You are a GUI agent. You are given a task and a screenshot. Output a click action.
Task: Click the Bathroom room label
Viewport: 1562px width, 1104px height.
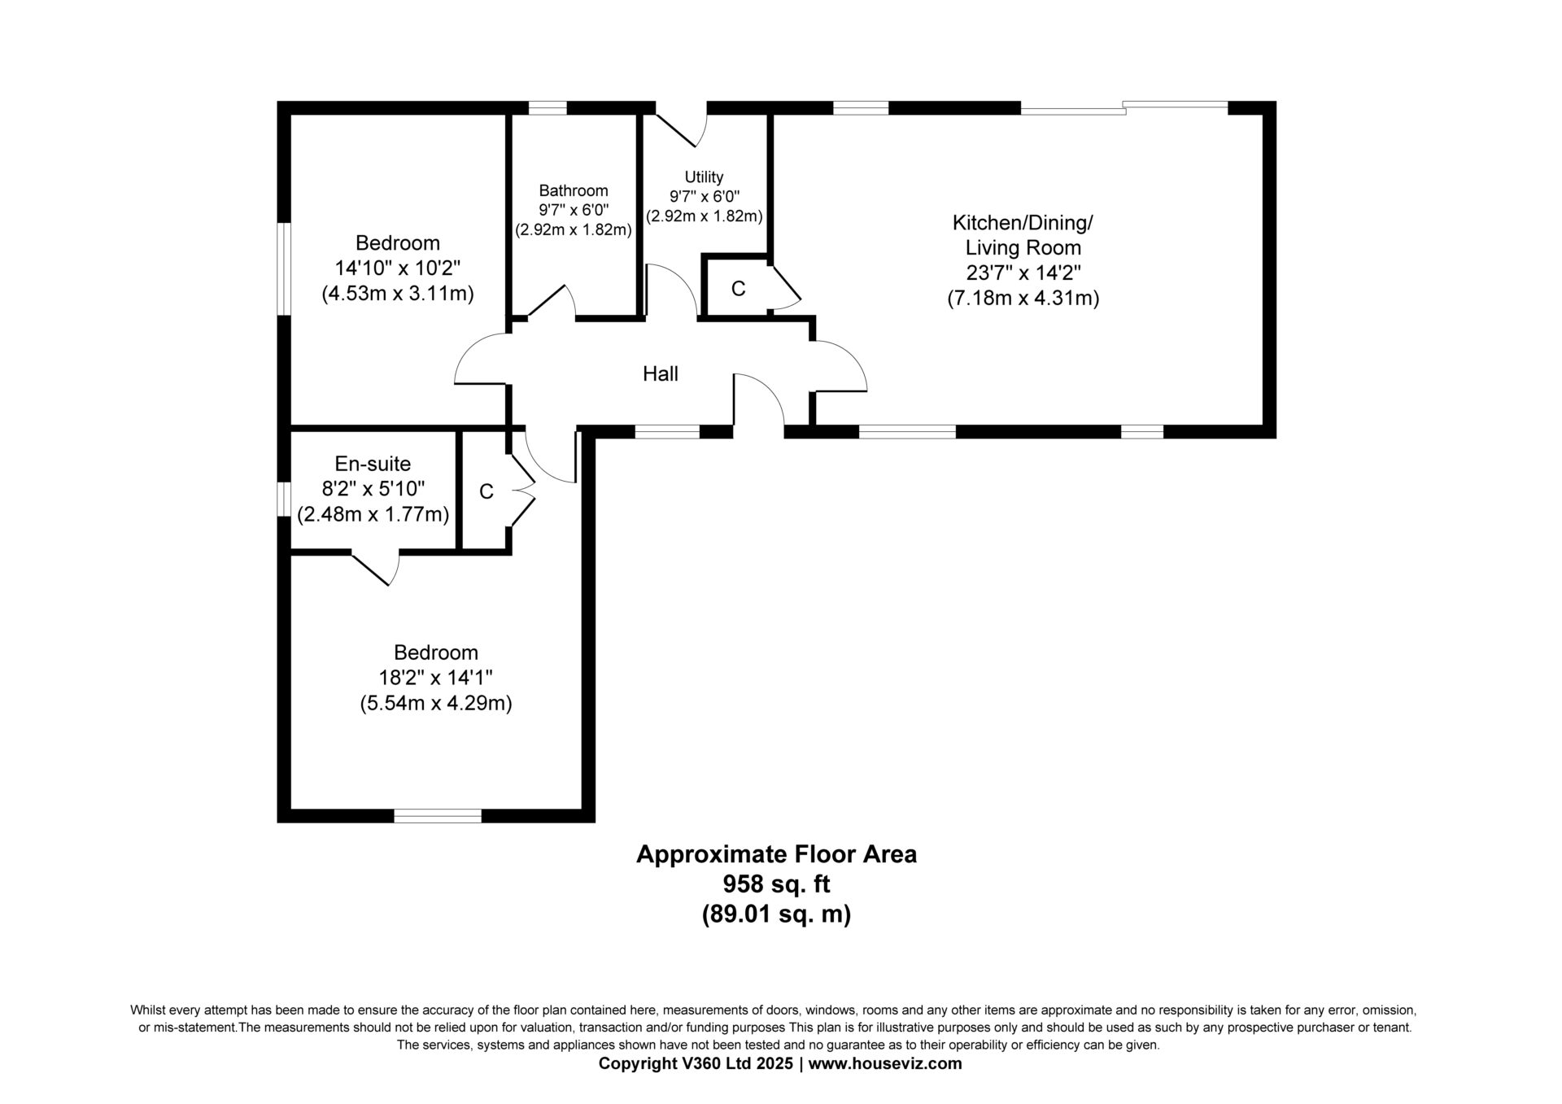click(574, 190)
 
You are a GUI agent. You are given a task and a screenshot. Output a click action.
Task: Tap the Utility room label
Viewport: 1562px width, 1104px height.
click(704, 177)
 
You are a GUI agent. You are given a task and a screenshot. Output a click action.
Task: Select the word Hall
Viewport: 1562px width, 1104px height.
click(661, 373)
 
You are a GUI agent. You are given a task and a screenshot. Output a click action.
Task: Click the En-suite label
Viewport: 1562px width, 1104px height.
click(373, 464)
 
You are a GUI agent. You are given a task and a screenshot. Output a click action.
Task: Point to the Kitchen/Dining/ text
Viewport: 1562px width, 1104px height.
click(1023, 222)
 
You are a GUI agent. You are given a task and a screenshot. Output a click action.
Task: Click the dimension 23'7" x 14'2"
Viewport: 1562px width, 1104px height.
click(1023, 273)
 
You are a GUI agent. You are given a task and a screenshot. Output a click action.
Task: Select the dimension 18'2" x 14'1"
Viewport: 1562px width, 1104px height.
click(436, 678)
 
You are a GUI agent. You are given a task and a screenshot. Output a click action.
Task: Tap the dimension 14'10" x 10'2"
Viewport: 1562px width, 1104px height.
click(398, 268)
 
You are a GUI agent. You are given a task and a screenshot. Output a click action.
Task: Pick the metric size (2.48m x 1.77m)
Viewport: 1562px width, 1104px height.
click(373, 514)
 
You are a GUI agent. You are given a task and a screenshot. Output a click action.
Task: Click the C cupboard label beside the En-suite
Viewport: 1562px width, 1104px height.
click(486, 491)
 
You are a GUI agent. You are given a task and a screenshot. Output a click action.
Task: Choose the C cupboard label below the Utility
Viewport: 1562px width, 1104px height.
click(739, 289)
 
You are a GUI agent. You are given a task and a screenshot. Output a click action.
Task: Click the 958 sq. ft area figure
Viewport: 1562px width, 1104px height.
click(777, 884)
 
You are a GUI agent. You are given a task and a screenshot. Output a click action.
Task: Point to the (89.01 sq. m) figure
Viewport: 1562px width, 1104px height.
click(777, 914)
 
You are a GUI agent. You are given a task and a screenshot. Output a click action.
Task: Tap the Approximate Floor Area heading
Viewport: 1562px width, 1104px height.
click(777, 854)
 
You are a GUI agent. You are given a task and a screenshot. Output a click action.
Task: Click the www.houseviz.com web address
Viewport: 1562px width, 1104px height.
click(886, 1063)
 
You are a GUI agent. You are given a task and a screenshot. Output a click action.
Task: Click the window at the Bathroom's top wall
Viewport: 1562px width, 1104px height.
click(548, 107)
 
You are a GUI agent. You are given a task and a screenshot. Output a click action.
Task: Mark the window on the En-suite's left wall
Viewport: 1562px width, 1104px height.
click(284, 499)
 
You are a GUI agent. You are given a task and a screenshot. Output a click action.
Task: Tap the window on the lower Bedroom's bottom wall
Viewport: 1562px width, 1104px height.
click(438, 816)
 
